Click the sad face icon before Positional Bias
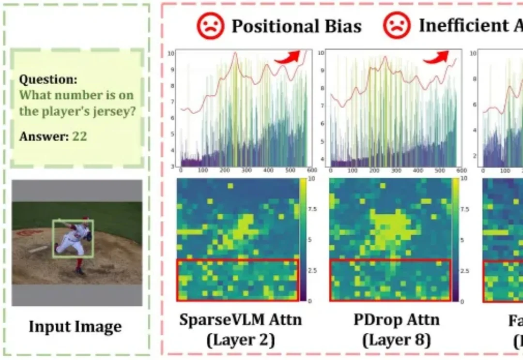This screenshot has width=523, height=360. [210, 26]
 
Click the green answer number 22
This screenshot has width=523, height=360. [79, 136]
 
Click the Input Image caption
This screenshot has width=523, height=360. [75, 327]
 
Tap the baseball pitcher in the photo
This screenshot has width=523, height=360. [74, 238]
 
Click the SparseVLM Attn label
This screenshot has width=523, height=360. [240, 320]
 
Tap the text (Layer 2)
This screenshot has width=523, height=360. [240, 340]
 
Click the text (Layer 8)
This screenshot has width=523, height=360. [397, 340]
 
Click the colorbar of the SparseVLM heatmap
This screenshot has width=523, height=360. [303, 240]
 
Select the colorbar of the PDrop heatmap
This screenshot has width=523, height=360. [456, 240]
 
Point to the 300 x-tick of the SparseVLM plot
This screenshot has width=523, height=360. [247, 171]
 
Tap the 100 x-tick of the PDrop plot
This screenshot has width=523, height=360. [353, 171]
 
